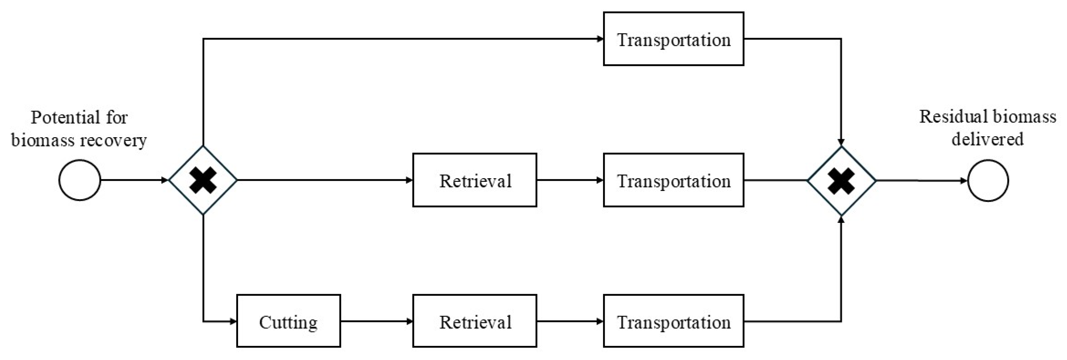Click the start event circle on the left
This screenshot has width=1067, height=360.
(79, 180)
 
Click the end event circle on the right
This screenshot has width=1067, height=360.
(988, 180)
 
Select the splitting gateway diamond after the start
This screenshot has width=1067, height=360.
(203, 180)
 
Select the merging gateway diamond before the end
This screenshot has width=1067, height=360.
(841, 180)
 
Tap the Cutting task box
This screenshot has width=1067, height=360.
(288, 321)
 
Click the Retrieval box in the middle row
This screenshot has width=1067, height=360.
(475, 180)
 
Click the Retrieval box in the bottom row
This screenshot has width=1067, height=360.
(475, 321)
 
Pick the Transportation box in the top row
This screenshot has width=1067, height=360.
(673, 39)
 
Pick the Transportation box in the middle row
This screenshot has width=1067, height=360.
(673, 180)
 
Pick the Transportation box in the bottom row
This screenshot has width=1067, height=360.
(673, 321)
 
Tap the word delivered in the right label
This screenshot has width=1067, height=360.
(988, 139)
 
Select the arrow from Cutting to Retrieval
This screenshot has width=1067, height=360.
(376, 321)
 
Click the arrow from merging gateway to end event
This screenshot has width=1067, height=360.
(921, 180)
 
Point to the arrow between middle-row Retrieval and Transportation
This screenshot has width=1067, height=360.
(570, 180)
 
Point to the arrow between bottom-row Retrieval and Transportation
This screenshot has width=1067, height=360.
(570, 321)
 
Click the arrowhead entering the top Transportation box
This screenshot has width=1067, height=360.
(600, 39)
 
